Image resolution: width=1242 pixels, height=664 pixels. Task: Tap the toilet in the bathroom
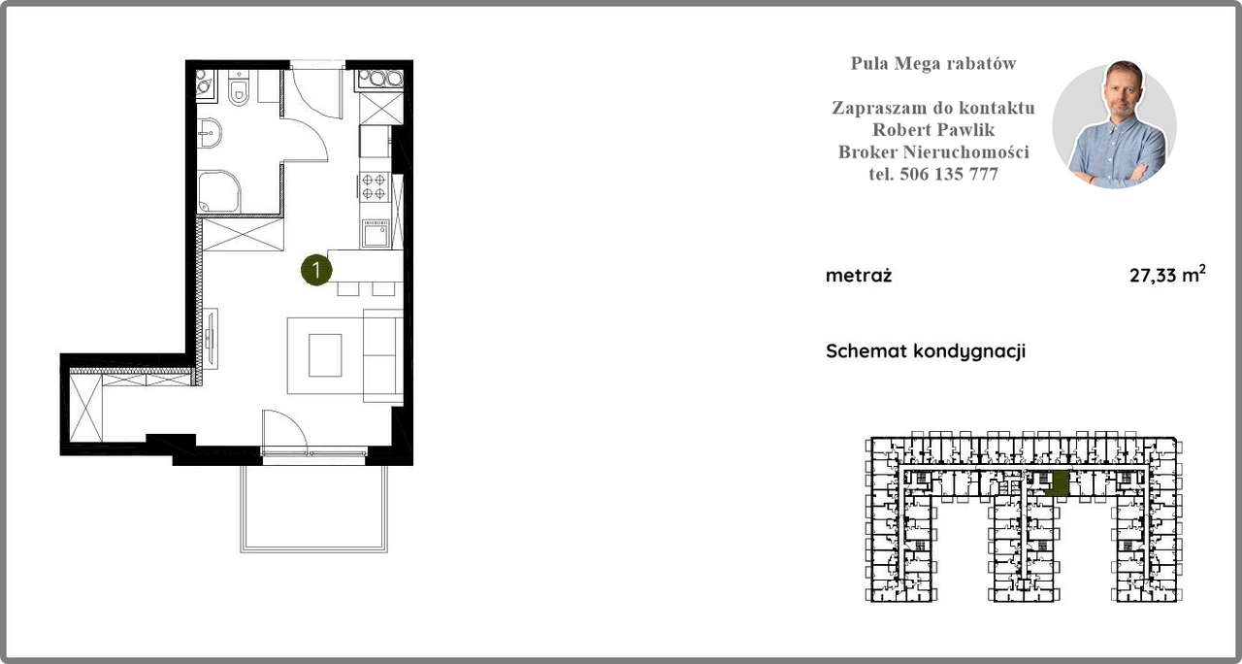[x=240, y=91]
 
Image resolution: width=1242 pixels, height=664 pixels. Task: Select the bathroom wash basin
[x=207, y=136]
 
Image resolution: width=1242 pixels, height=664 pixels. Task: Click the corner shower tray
[x=217, y=192]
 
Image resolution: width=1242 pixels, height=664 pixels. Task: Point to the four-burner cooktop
[x=374, y=186]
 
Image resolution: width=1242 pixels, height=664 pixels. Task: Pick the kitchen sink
[x=376, y=233]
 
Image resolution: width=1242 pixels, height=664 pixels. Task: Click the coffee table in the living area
[x=325, y=355]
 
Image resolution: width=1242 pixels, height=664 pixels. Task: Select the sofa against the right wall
[x=382, y=356]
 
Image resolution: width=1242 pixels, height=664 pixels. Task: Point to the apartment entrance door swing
[x=309, y=112]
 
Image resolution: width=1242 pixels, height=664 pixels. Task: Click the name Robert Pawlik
[x=933, y=130]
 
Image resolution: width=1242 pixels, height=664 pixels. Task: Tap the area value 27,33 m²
[x=1166, y=276]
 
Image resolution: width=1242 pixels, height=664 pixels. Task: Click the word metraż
[x=859, y=276]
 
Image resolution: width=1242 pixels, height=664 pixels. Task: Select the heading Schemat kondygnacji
[x=925, y=351]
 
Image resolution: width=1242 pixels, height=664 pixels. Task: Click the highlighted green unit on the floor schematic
[x=1060, y=483]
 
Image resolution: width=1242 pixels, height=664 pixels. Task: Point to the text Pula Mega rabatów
[x=933, y=64]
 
